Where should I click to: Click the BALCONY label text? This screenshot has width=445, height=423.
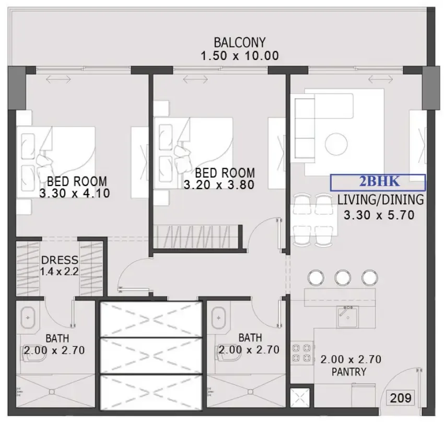coord(240,42)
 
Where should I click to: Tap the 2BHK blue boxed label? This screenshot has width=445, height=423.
coord(378,182)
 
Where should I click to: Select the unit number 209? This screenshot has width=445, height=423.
coord(401,398)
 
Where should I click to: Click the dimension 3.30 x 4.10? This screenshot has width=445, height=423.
coord(75,193)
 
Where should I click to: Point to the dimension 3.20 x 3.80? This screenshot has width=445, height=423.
coord(219,185)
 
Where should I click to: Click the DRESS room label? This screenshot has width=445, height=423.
coord(60,260)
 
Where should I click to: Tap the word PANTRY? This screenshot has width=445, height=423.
coord(349,372)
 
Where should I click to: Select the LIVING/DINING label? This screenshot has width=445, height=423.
coord(381,199)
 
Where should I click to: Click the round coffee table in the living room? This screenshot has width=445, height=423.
coord(336,144)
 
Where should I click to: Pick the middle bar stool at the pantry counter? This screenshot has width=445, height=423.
coord(343,277)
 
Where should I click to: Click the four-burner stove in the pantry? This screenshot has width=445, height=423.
coord(302,352)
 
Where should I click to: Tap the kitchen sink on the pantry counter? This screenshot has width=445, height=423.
coord(347,317)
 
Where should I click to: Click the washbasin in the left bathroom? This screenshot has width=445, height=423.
coord(28,318)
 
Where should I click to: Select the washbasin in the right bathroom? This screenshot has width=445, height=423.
coord(218,318)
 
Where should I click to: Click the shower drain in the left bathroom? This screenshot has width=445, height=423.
coord(52,392)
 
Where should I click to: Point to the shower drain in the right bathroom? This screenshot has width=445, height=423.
coord(250,392)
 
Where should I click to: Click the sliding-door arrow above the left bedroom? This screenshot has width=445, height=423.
coord(58,79)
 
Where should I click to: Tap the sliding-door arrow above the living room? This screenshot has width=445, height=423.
coord(381,79)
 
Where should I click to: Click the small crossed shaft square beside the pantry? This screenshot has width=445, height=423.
coord(300,398)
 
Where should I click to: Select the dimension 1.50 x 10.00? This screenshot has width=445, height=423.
coord(240,55)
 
